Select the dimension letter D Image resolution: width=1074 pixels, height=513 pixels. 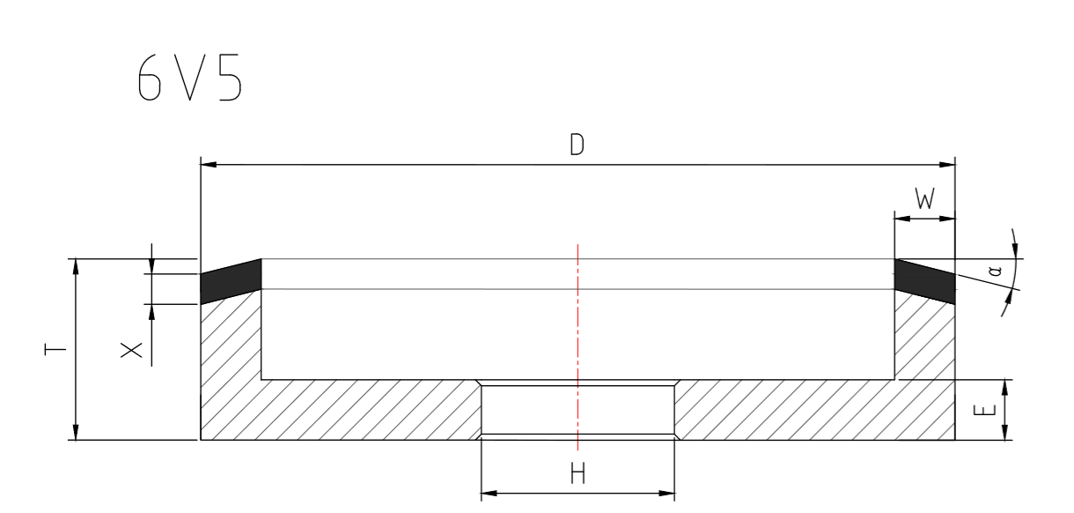(x=577, y=145)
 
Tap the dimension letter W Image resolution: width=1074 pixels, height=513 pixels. (x=923, y=201)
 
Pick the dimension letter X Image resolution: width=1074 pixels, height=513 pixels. (x=129, y=350)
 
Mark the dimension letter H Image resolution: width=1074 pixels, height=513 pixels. (x=577, y=475)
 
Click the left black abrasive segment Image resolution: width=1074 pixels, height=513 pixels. (x=231, y=279)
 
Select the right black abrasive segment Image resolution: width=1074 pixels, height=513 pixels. (x=924, y=279)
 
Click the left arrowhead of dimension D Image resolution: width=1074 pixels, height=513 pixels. (x=208, y=164)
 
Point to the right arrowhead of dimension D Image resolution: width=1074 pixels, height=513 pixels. (x=949, y=164)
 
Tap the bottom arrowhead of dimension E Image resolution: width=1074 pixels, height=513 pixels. (x=1004, y=433)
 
